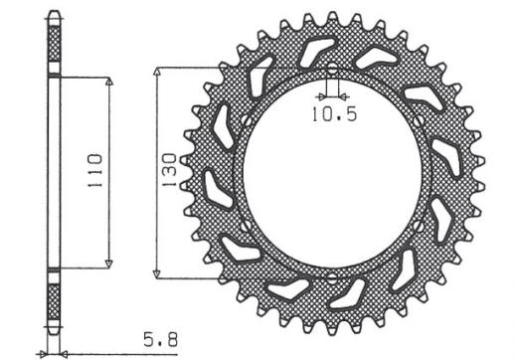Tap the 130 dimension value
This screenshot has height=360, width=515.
pos(170,170)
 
